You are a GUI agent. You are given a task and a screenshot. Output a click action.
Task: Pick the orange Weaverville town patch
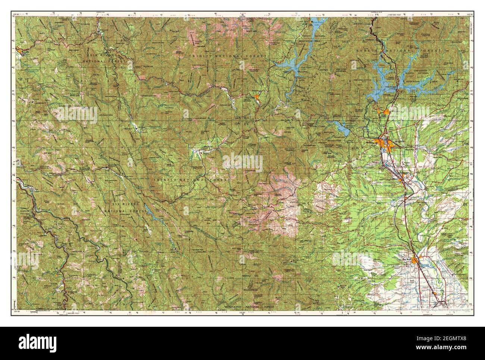tap(257, 99)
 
